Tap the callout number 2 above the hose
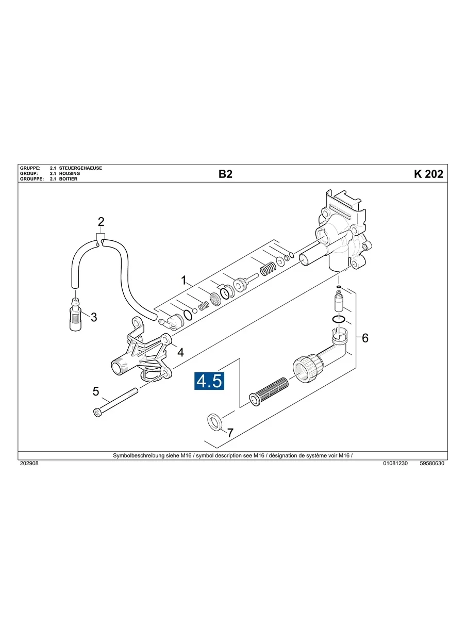(x=101, y=222)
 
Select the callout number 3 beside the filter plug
(x=94, y=317)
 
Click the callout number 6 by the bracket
(x=365, y=338)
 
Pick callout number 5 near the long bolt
(x=96, y=391)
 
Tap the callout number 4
(x=180, y=352)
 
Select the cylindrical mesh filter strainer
(x=269, y=390)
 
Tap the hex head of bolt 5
(x=97, y=412)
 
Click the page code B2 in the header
(x=225, y=174)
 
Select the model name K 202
(x=428, y=174)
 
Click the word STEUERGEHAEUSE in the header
(x=80, y=169)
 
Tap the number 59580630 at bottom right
(x=432, y=464)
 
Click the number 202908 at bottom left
(x=29, y=464)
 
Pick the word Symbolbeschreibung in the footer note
(x=136, y=456)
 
